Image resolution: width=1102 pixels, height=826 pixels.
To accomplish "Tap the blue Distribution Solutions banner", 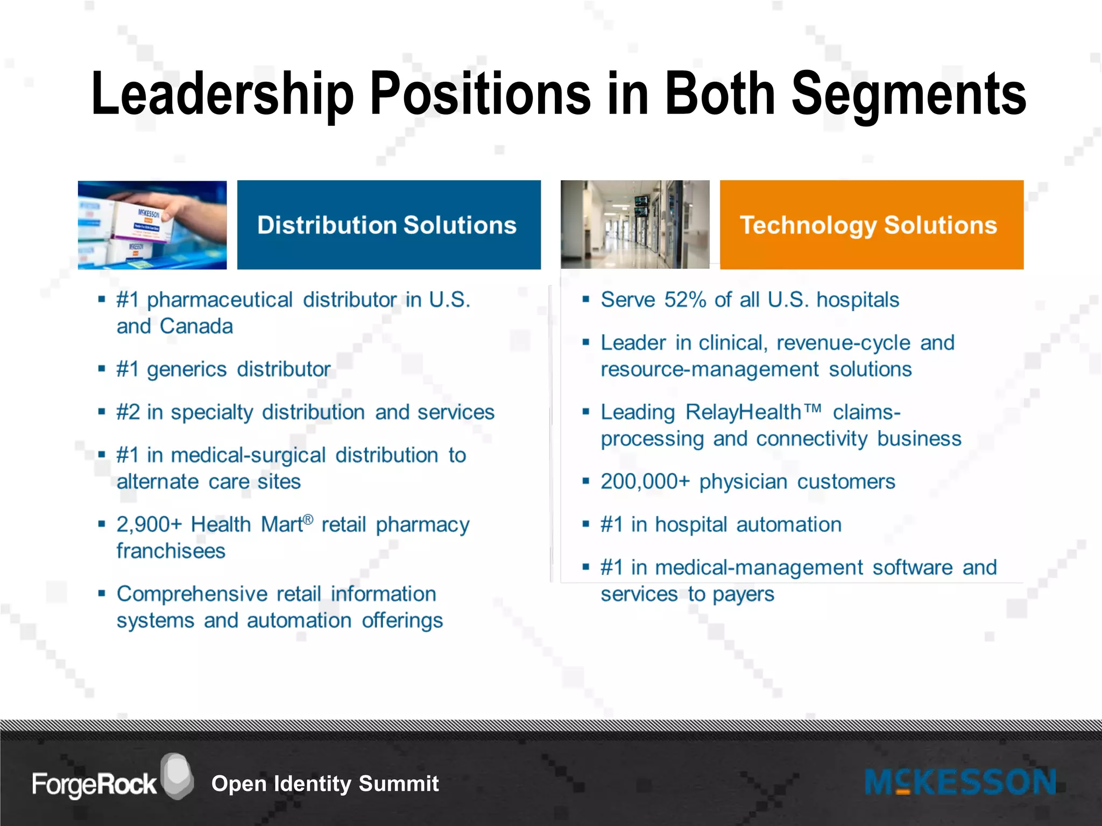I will (x=388, y=225).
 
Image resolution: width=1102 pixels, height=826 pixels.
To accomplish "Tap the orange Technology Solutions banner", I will (x=871, y=225).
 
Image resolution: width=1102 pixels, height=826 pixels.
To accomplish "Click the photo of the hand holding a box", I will (x=152, y=225).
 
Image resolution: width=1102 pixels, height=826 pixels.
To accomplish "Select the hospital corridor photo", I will (x=634, y=225).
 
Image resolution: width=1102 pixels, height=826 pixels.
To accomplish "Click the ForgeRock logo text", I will (x=94, y=784).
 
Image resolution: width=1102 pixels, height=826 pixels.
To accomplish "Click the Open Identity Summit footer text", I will (x=325, y=784).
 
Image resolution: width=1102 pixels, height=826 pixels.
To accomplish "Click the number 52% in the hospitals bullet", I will (x=684, y=300).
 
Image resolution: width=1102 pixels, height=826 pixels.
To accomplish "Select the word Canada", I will (x=196, y=326).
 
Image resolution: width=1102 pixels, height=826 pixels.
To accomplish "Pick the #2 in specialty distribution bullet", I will (x=305, y=412).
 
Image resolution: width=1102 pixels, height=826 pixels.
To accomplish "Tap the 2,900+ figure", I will (x=149, y=524).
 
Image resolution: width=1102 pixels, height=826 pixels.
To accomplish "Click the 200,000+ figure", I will (x=645, y=482).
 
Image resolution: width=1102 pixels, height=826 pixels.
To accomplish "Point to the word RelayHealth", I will (x=744, y=412).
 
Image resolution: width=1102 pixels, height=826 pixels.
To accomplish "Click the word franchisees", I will (x=171, y=551).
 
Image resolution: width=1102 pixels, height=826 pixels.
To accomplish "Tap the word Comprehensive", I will (x=192, y=594).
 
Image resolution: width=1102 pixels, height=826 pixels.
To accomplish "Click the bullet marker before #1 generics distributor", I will (x=101, y=369).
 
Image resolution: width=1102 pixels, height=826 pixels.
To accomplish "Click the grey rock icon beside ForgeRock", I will (x=177, y=776).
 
